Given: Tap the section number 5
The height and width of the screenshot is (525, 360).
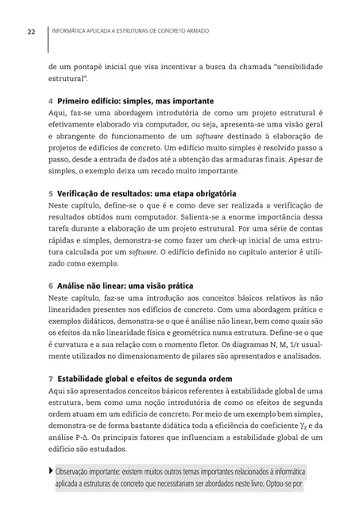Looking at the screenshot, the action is coord(51,192).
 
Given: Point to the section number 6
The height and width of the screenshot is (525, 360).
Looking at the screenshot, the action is coord(51,284).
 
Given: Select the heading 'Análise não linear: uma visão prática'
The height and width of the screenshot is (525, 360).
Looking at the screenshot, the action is coord(126,284).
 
